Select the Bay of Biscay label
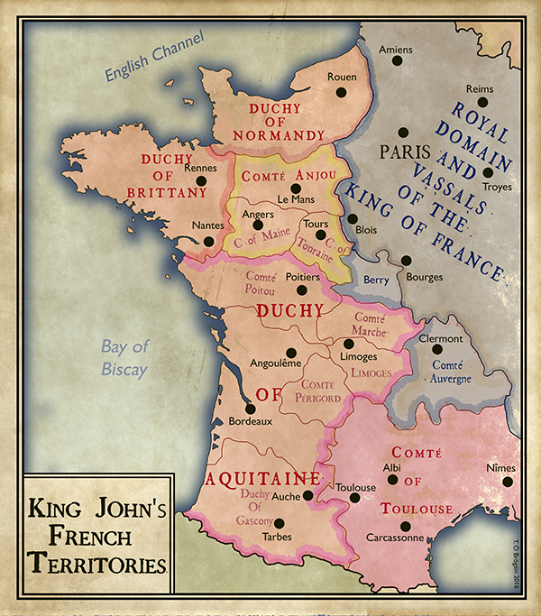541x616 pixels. coord(124,357)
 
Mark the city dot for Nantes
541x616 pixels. coord(209,241)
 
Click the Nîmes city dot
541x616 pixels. coord(508,482)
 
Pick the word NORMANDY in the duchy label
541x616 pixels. coord(278,135)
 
